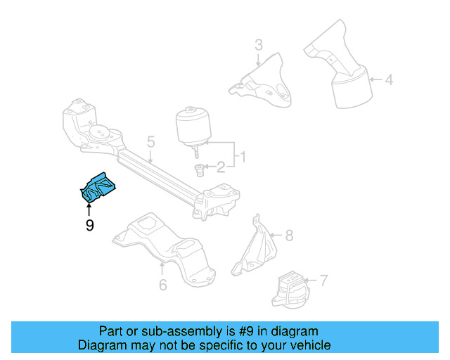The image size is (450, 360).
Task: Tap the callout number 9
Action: (89, 226)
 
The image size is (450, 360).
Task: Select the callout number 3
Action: (258, 46)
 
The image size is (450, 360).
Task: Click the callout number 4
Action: (388, 79)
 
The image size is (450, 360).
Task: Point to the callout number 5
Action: (150, 143)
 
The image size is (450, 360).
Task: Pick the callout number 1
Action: (243, 155)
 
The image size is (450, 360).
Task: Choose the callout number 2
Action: (220, 167)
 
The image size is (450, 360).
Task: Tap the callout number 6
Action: (162, 285)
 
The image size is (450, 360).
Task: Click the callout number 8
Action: (288, 236)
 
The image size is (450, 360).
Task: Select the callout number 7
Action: (323, 282)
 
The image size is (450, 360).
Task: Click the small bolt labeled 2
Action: (198, 171)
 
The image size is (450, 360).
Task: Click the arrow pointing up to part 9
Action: (89, 209)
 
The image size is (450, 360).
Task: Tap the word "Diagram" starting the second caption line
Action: (102, 345)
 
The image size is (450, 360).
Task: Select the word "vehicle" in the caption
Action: (310, 345)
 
